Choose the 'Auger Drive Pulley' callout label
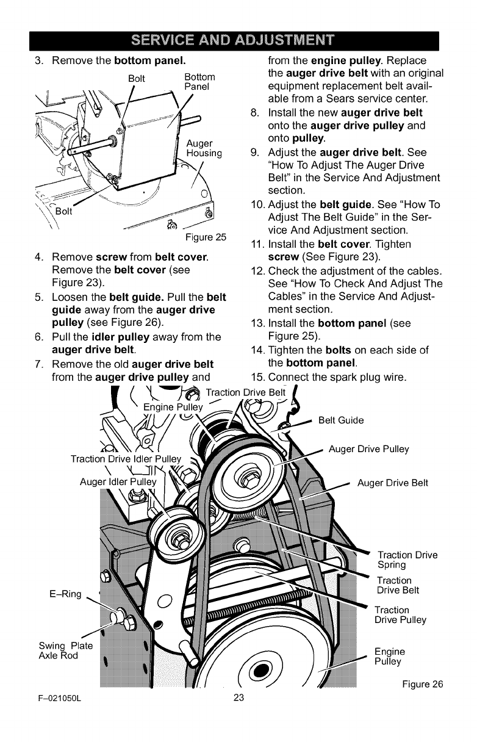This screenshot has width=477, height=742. coord(368,450)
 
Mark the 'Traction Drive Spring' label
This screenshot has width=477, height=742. coord(407,560)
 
